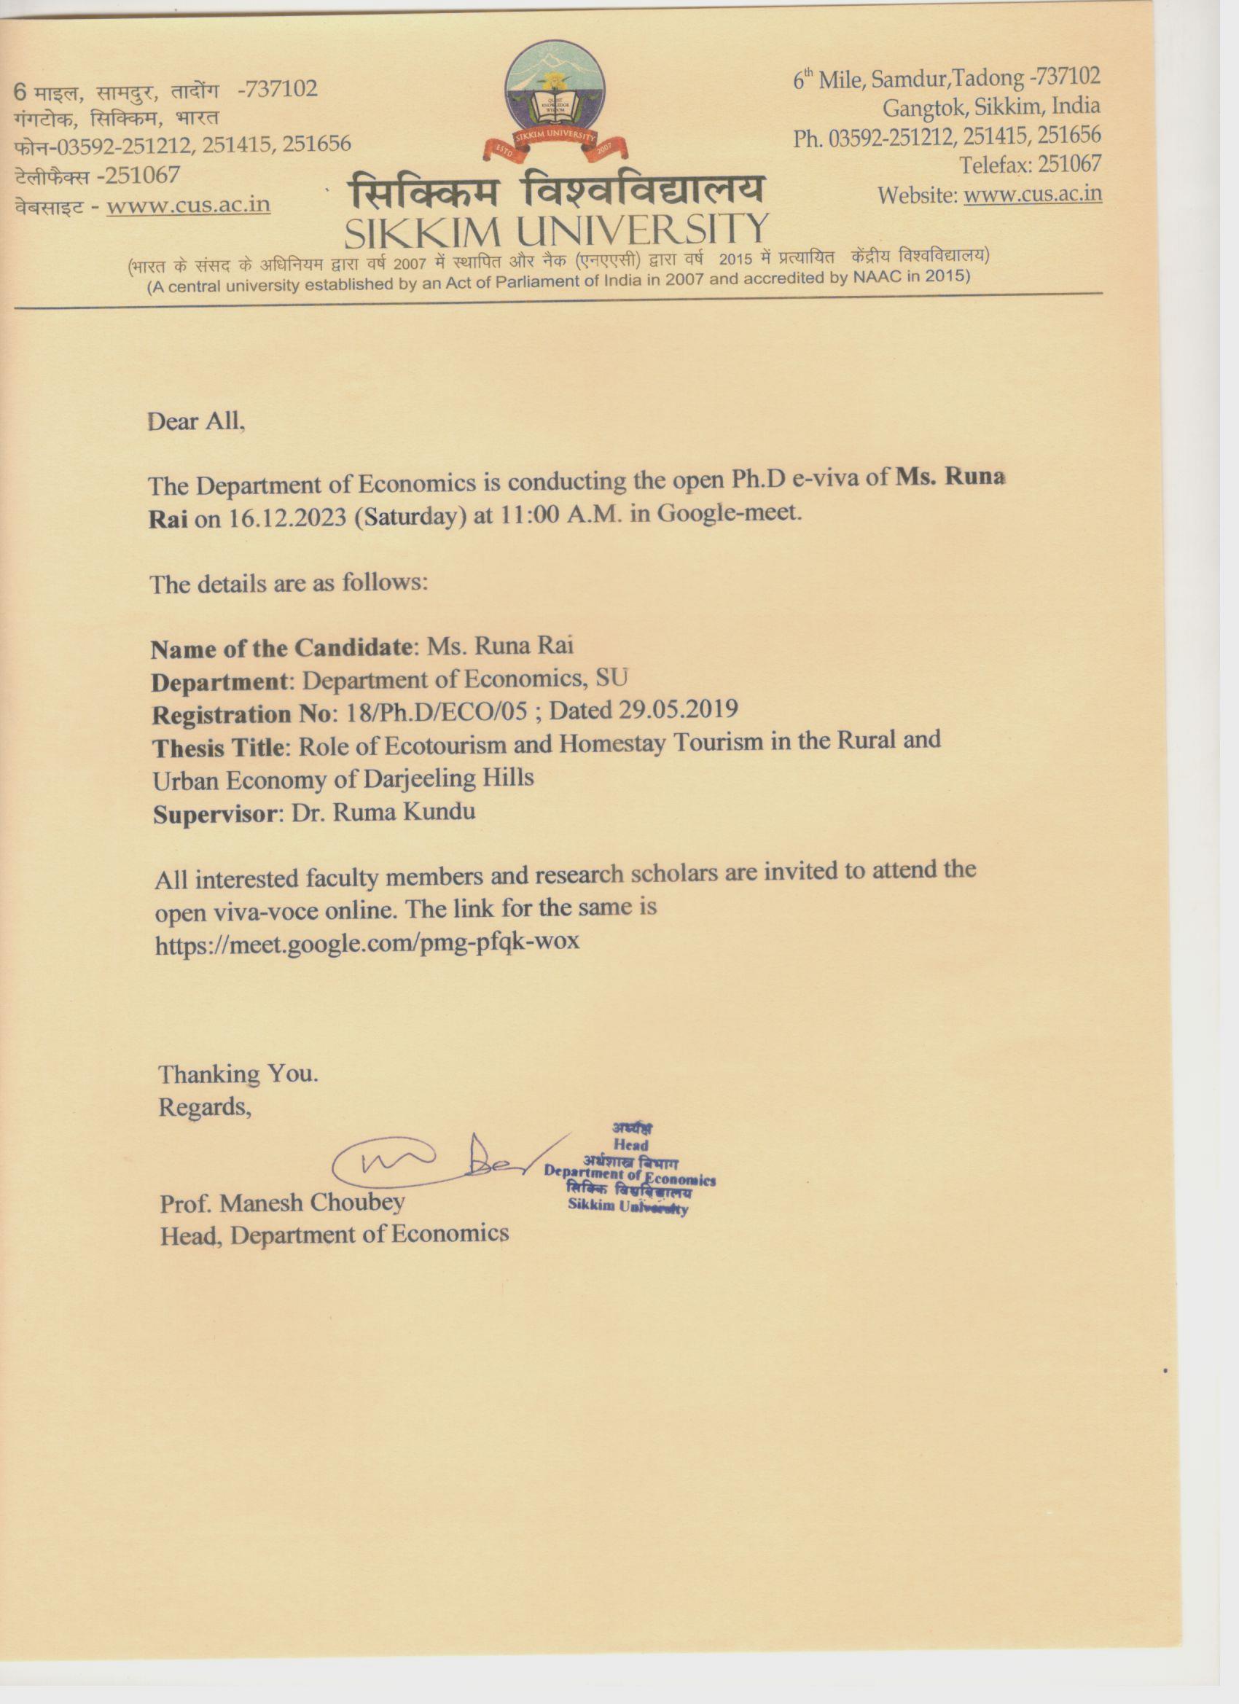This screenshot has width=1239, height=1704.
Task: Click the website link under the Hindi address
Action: point(188,205)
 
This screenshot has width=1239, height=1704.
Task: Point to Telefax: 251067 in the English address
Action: point(1030,164)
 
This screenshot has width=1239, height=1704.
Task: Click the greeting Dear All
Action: point(196,421)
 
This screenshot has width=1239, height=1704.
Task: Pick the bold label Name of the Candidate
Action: point(282,649)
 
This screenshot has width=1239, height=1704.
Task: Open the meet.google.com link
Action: point(367,942)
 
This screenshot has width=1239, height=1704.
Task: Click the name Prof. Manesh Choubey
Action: point(283,1203)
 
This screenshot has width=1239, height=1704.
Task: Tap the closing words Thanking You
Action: point(238,1074)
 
